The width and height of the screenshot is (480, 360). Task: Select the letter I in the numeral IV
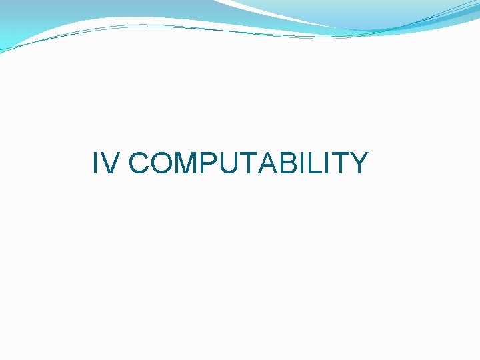(x=96, y=163)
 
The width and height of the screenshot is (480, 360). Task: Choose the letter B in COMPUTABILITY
(x=287, y=163)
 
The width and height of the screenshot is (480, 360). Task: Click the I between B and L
(x=300, y=163)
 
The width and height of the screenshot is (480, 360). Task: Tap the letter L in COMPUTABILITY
(x=311, y=163)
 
